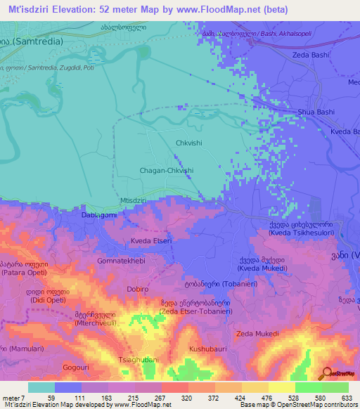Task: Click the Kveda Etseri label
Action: tap(151, 241)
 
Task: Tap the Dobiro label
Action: tap(137, 289)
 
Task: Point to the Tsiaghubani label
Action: tap(139, 360)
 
